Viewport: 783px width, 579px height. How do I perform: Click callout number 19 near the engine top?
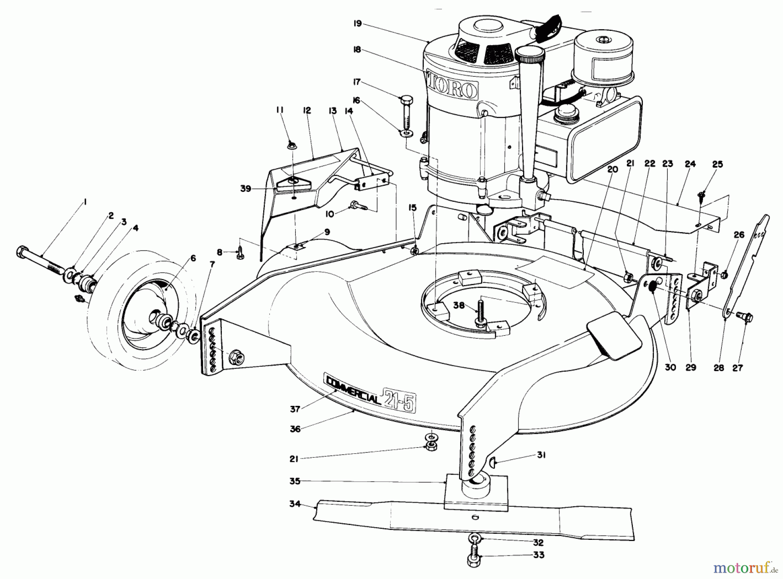click(x=358, y=23)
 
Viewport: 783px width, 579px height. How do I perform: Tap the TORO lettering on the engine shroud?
click(x=453, y=88)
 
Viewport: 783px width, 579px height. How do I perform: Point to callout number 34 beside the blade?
click(x=295, y=504)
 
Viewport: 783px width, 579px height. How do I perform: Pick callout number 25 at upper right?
click(x=717, y=164)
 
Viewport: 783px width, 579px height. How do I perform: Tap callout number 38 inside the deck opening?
click(x=458, y=305)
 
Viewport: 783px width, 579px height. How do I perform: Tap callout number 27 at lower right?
click(x=737, y=368)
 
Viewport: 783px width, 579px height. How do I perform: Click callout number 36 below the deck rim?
click(x=295, y=428)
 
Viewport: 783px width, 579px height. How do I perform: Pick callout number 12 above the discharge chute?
click(x=307, y=110)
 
